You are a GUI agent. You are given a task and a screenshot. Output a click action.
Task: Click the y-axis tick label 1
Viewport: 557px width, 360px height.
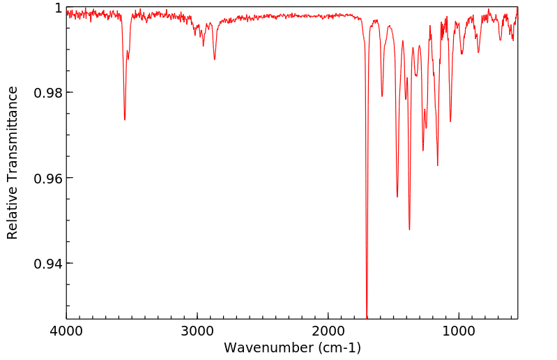pyautogui.click(x=57, y=8)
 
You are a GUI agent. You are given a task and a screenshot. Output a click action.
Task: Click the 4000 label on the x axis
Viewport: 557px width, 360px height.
pyautogui.click(x=66, y=330)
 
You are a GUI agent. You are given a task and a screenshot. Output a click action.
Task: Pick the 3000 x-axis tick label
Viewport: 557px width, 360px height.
pyautogui.click(x=197, y=330)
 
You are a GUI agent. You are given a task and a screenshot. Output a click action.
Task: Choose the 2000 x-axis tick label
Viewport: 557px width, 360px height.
pyautogui.click(x=328, y=330)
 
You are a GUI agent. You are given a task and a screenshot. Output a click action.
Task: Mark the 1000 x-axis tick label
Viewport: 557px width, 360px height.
pyautogui.click(x=459, y=330)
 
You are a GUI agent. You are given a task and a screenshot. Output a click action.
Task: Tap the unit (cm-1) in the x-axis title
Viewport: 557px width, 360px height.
pyautogui.click(x=339, y=347)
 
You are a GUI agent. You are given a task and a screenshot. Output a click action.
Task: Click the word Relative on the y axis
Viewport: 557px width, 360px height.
pyautogui.click(x=13, y=218)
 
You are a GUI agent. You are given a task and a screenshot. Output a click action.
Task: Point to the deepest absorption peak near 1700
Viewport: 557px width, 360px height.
pyautogui.click(x=367, y=316)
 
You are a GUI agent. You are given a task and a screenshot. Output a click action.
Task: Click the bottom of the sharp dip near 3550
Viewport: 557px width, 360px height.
pyautogui.click(x=125, y=119)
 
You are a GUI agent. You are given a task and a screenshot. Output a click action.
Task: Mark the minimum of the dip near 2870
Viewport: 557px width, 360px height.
pyautogui.click(x=214, y=59)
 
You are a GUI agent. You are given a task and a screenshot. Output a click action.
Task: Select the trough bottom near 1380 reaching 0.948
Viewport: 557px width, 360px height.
pyautogui.click(x=409, y=230)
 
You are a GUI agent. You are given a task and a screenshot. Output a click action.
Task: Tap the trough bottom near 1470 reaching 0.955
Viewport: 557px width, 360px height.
pyautogui.click(x=397, y=197)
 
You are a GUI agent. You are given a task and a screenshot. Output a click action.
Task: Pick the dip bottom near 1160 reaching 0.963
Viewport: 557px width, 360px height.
pyautogui.click(x=438, y=165)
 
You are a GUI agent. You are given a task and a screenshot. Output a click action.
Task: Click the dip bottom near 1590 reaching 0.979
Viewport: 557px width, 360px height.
pyautogui.click(x=382, y=96)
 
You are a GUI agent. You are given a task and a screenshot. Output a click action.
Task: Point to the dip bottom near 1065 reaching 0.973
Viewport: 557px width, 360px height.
pyautogui.click(x=450, y=121)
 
